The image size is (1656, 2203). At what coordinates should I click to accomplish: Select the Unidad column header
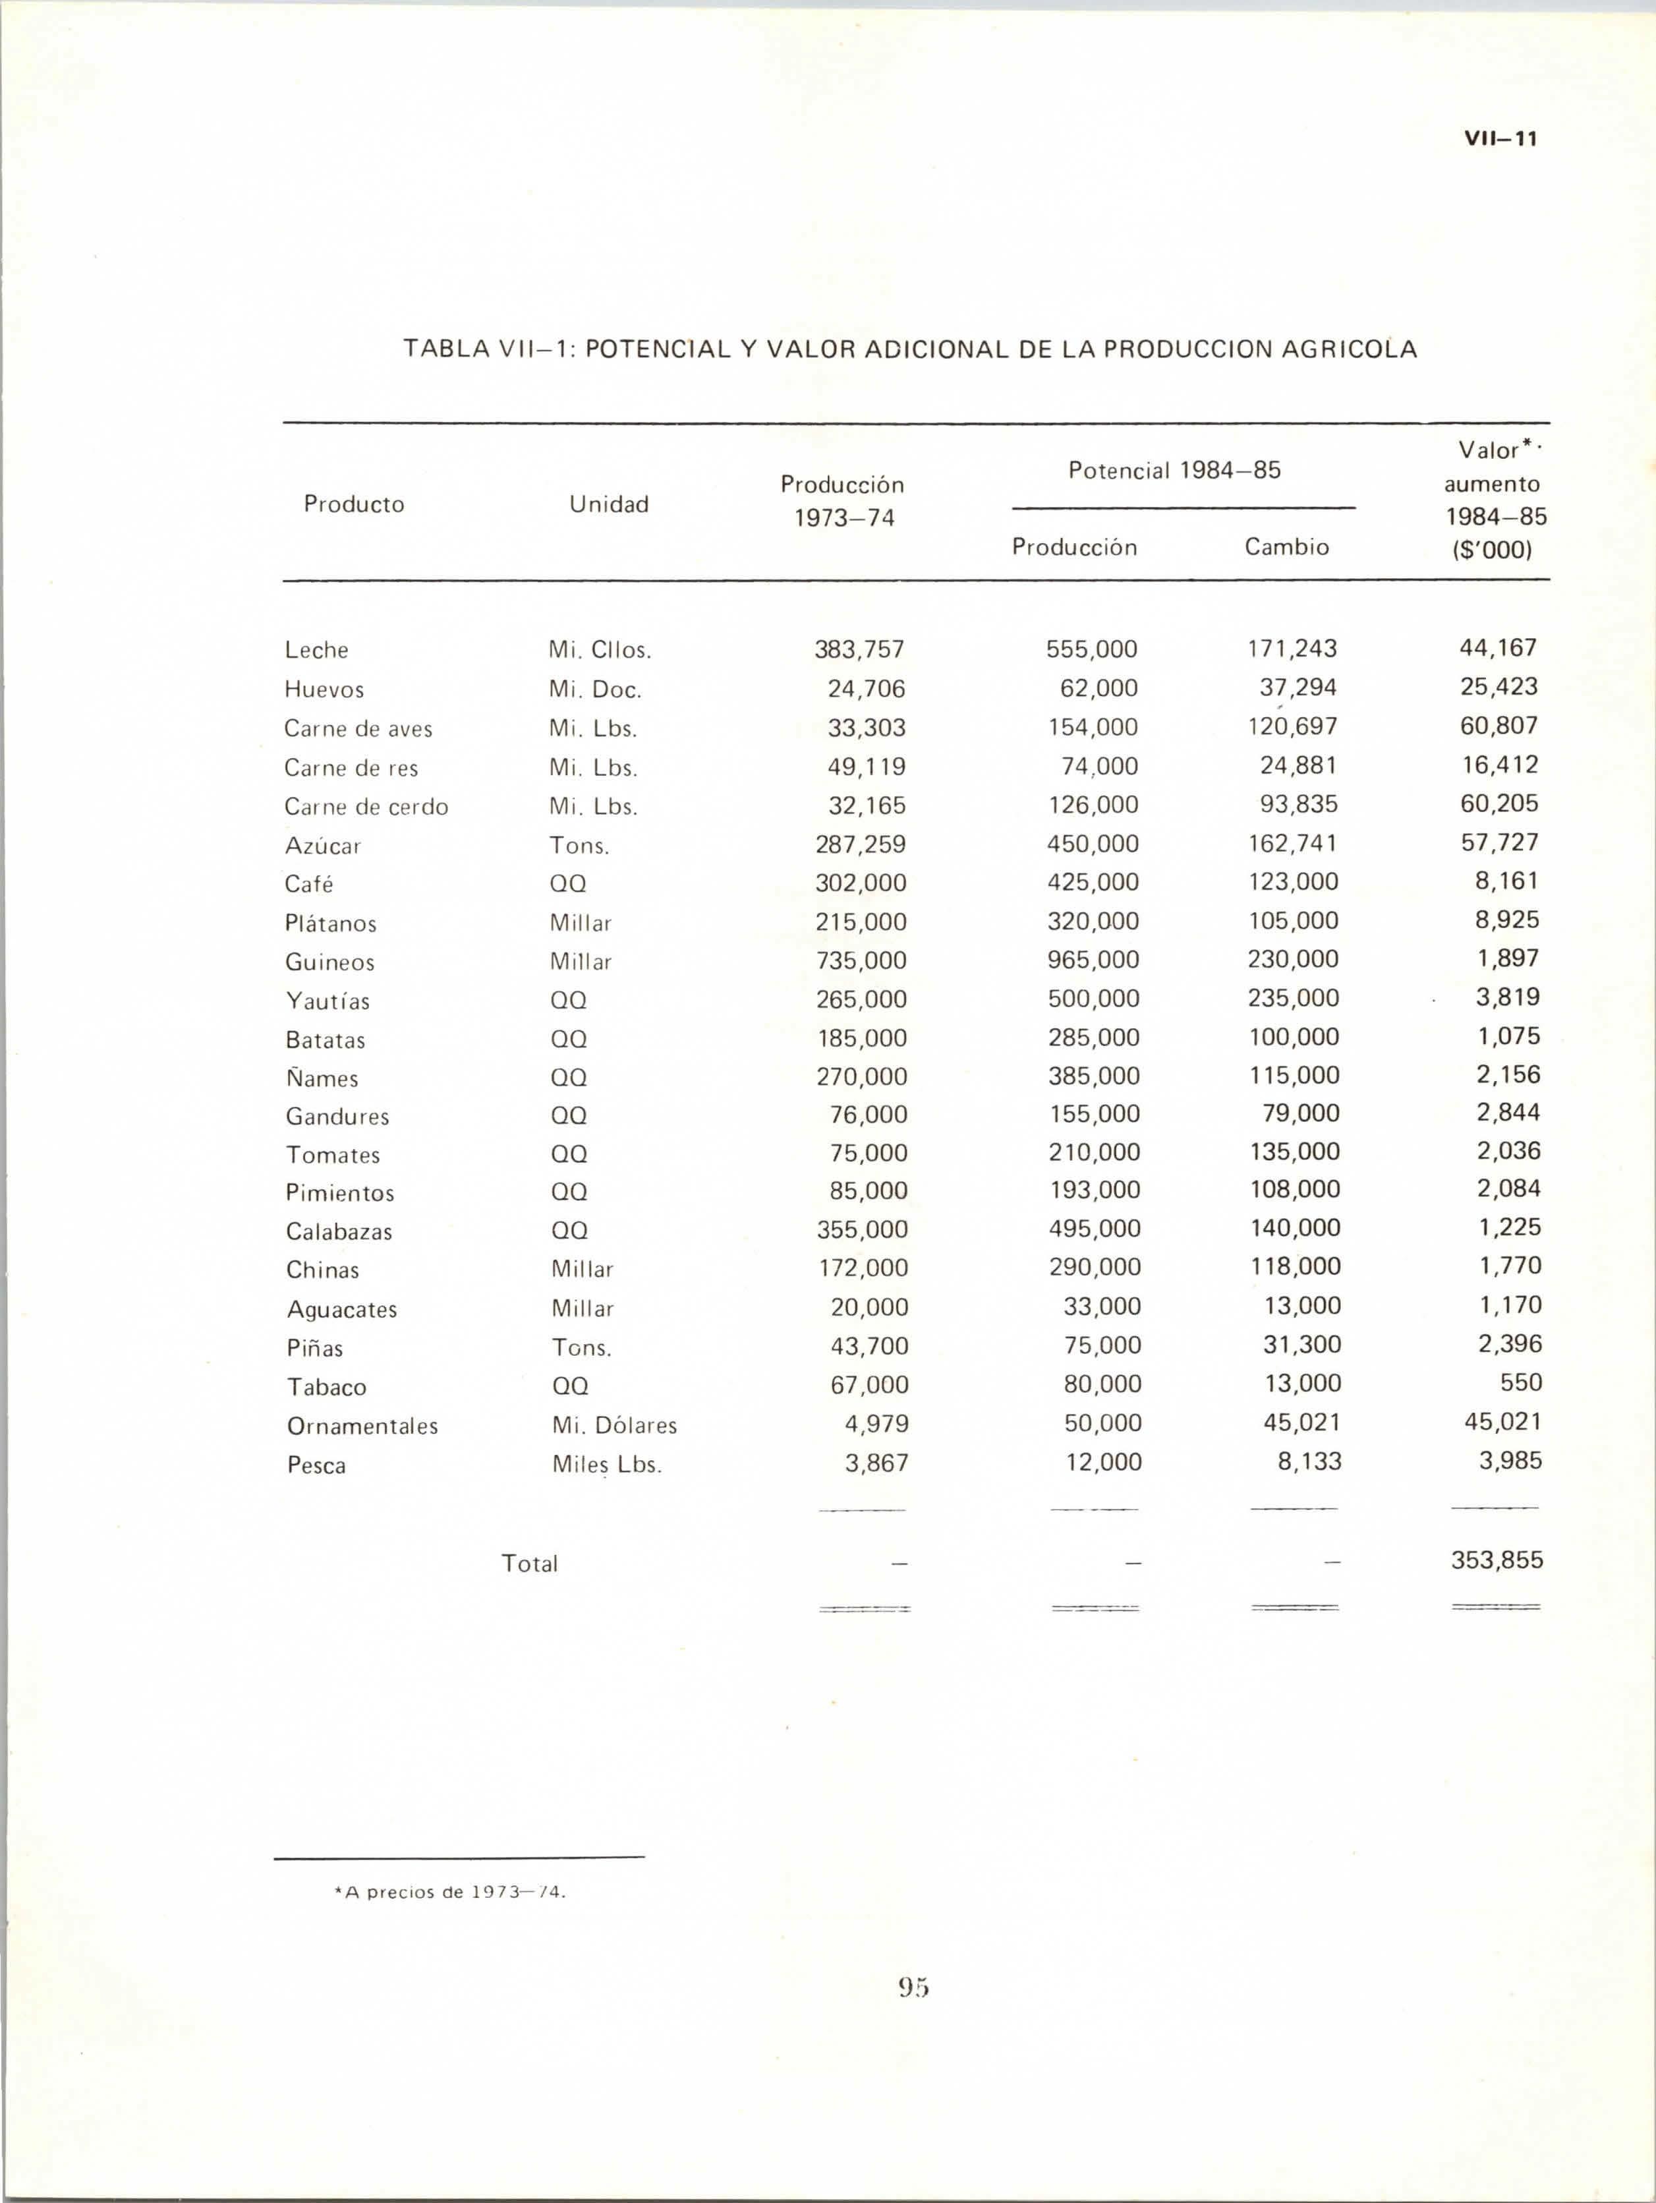pos(608,504)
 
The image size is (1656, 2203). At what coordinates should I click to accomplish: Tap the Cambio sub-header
pos(1286,546)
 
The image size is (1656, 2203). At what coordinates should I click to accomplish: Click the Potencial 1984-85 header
pos(1174,470)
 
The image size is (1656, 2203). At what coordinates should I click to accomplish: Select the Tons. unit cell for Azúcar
pos(579,846)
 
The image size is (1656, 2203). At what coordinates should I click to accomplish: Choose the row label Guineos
pos(329,962)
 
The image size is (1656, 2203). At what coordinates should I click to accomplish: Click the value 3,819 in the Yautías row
pos(1508,997)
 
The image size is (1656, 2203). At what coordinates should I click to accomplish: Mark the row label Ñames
pos(322,1078)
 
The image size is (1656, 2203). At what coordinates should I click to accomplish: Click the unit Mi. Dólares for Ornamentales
pos(614,1425)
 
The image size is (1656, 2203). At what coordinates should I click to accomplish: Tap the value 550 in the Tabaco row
pos(1520,1382)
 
